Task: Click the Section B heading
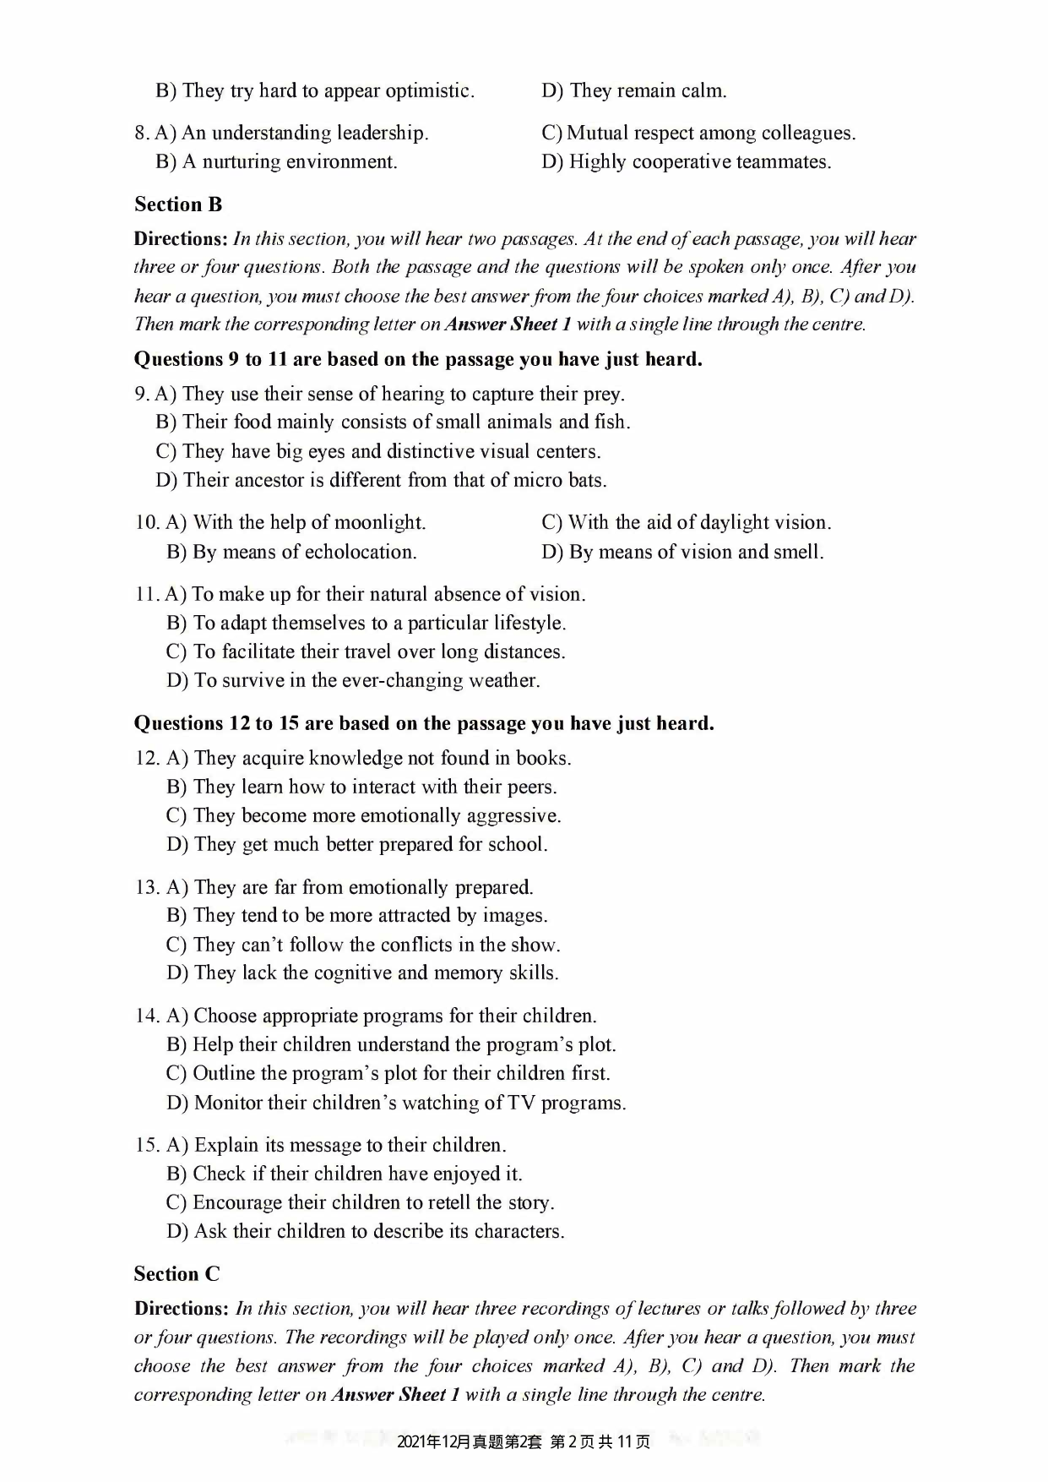pyautogui.click(x=178, y=204)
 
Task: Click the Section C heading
pyautogui.click(x=176, y=1274)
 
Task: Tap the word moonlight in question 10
pyautogui.click(x=387, y=523)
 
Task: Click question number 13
pyautogui.click(x=146, y=887)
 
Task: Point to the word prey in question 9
pyautogui.click(x=604, y=395)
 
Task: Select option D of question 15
pyautogui.click(x=365, y=1231)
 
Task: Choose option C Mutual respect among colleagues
pyautogui.click(x=698, y=133)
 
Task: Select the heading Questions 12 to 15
pyautogui.click(x=424, y=724)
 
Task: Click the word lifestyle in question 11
pyautogui.click(x=529, y=624)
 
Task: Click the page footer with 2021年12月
pyautogui.click(x=524, y=1441)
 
